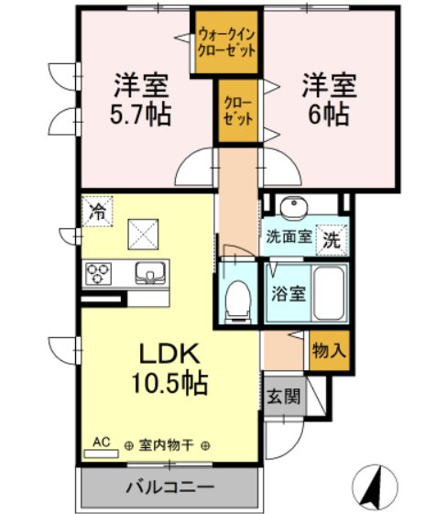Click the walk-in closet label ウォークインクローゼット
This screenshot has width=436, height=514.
click(x=227, y=43)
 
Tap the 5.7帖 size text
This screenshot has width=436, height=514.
click(x=140, y=115)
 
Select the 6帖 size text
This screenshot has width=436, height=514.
click(x=329, y=115)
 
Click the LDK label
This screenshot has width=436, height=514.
click(x=169, y=354)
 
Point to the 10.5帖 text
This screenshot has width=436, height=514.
click(x=169, y=383)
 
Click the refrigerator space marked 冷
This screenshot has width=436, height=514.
click(x=97, y=212)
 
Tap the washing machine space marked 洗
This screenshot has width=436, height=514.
click(x=332, y=240)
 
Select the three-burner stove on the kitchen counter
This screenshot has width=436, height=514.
click(x=98, y=273)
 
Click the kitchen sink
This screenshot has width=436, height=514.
click(x=150, y=273)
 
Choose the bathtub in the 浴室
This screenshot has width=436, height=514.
click(x=329, y=293)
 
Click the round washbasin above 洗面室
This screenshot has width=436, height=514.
click(x=294, y=206)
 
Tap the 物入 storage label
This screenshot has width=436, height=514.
click(x=329, y=350)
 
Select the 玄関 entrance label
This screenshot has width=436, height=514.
click(x=284, y=397)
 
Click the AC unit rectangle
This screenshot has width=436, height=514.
click(x=101, y=454)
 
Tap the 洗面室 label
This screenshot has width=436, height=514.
click(x=289, y=236)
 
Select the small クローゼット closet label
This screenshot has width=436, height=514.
click(x=238, y=112)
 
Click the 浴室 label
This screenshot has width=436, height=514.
click(x=289, y=294)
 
